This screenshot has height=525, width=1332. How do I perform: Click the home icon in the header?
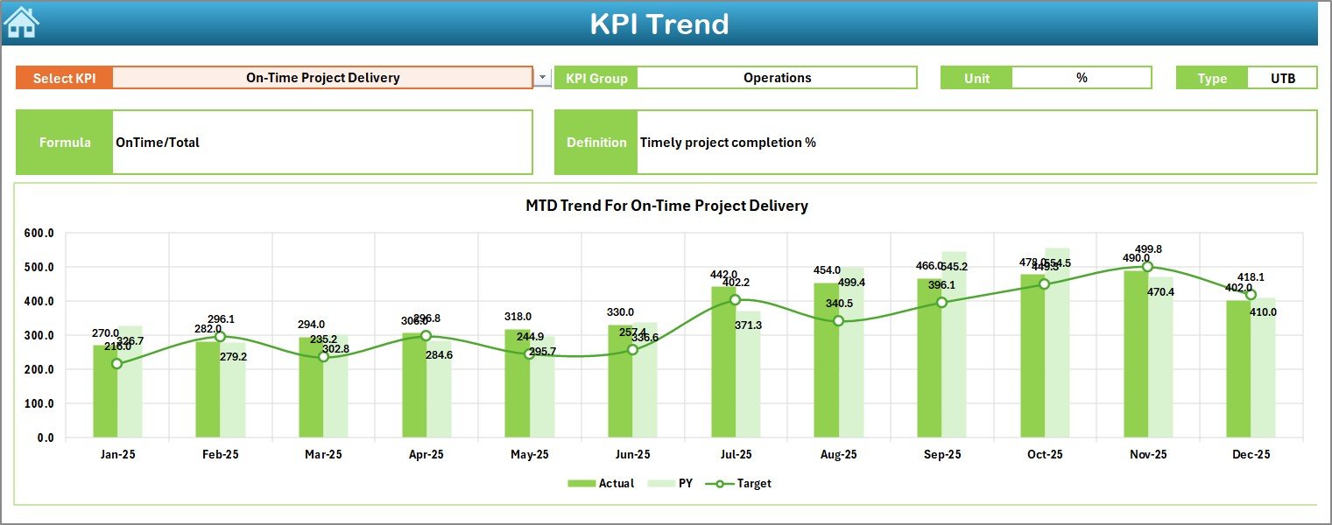coord(21,22)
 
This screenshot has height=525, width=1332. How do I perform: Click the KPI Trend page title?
coord(659,24)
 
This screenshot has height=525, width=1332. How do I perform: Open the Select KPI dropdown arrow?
coord(543,78)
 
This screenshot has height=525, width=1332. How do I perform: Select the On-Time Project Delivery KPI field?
coord(322,78)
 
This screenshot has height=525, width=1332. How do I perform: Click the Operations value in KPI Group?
coord(777,78)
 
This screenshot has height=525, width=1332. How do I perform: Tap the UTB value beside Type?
coord(1282,78)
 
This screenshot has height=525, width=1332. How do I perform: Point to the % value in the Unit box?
coord(1082,78)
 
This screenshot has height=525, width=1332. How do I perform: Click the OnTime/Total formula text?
coord(158,143)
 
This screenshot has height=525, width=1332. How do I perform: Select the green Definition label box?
coord(596,143)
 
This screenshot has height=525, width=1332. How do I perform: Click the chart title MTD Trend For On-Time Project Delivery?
coord(666,206)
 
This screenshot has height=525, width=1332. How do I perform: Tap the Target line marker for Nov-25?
coord(1147,267)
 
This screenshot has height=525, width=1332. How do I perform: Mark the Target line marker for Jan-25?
coord(117,363)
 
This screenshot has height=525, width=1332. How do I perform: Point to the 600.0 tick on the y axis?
coord(39,234)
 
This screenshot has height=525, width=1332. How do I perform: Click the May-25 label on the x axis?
coord(529,455)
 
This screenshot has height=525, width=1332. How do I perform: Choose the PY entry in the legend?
coord(675,483)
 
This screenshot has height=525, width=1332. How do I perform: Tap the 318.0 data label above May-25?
coord(517,317)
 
